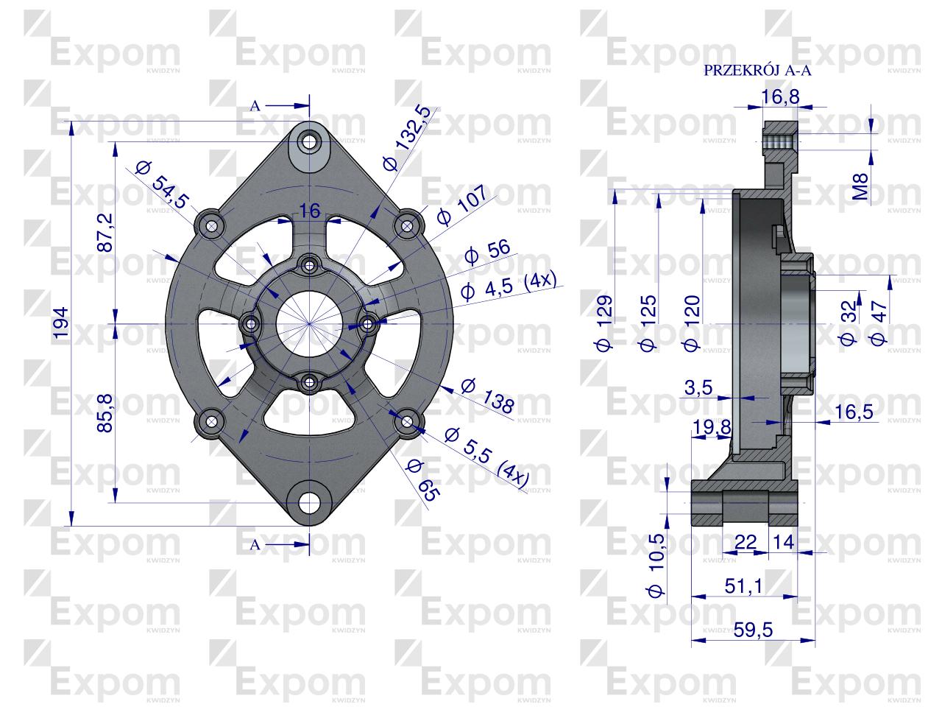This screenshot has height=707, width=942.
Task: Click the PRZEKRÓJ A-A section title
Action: coord(757,71)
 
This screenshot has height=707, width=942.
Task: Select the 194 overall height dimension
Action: coord(61,323)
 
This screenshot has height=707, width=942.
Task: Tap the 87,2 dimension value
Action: coord(105,232)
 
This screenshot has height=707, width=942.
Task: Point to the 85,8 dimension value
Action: coord(105,412)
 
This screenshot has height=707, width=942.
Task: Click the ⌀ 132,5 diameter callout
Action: coord(407,138)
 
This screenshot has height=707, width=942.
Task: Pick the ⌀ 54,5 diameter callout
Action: coord(162,185)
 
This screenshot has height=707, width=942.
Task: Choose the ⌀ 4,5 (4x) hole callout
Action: coord(509,286)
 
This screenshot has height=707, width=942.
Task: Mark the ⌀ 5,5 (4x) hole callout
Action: coord(486,458)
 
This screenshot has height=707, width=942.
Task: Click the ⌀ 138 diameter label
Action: coord(487,396)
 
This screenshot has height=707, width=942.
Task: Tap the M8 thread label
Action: coord(860,186)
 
